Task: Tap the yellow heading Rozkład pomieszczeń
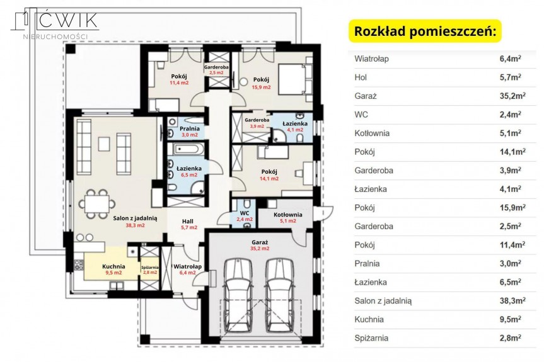(425, 31)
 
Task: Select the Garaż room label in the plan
(260, 242)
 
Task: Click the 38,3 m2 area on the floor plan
(135, 225)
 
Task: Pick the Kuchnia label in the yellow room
(113, 266)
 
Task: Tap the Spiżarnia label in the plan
(150, 267)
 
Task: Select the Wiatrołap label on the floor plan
(187, 266)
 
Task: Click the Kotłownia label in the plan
(287, 215)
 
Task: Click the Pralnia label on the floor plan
(189, 129)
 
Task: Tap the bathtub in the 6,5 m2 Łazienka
(187, 150)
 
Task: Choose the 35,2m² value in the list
(512, 96)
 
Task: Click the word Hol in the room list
(361, 77)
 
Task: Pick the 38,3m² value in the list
(512, 300)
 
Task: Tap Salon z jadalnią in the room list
(383, 301)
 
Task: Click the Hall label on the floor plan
(188, 221)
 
